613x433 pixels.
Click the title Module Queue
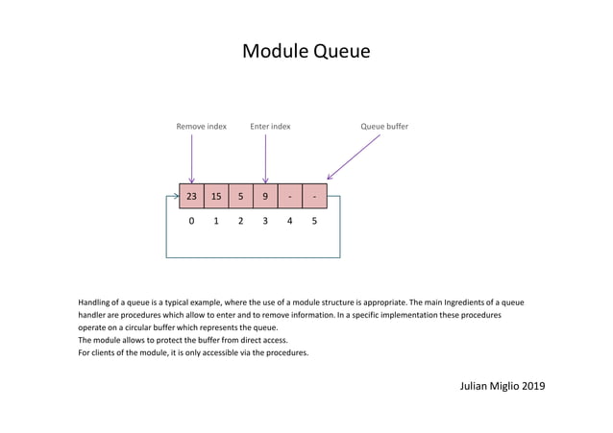coord(306,51)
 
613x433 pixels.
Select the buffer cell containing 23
coord(191,196)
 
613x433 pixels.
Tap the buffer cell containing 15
coord(216,196)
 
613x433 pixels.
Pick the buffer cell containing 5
coord(240,196)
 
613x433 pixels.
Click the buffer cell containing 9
coord(265,196)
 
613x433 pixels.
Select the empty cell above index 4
coord(290,196)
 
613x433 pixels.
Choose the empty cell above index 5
coord(314,196)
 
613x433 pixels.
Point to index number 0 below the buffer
coord(191,222)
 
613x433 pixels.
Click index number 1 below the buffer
coord(216,222)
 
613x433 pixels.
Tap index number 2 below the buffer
coord(240,222)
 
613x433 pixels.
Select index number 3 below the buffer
coord(265,222)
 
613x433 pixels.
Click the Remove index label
coord(202,126)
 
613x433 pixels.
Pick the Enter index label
coord(270,126)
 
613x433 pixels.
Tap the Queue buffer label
coord(384,126)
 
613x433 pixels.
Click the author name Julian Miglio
coord(489,386)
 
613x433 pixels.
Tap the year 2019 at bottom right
coord(531,386)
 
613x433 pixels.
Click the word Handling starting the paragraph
coord(96,302)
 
